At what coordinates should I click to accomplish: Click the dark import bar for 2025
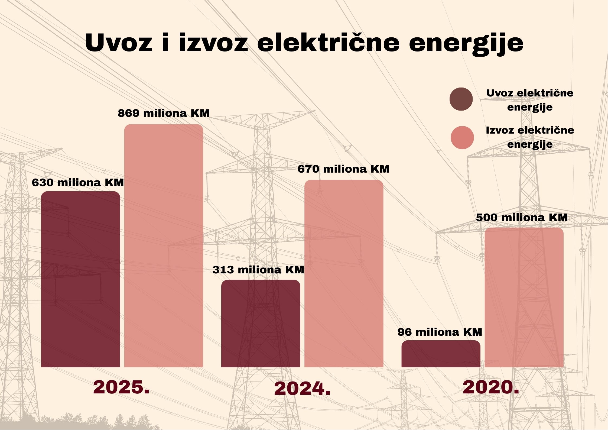point(80,279)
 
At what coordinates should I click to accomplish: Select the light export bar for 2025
point(164,245)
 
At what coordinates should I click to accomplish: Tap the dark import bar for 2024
point(261,323)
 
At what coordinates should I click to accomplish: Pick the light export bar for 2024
point(344,273)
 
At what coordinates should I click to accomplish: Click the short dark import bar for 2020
point(441,354)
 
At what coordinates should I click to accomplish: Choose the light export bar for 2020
point(524,297)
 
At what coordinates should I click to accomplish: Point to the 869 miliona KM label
point(164,113)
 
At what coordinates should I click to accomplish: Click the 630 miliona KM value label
point(78,183)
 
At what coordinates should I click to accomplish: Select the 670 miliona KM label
point(343,169)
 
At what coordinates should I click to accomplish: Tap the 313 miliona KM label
point(258,270)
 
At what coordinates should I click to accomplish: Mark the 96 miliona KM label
point(440,332)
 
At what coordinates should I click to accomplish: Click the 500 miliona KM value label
point(522,218)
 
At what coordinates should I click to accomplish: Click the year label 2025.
point(121,387)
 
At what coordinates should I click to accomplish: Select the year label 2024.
point(302,389)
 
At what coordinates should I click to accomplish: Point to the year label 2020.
point(491,387)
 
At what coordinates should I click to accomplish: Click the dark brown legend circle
point(461,99)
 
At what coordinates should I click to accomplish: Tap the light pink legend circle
point(462,137)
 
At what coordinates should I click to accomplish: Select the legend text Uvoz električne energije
point(530,100)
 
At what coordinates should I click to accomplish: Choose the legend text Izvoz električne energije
point(530,137)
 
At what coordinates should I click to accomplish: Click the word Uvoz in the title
point(119,43)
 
